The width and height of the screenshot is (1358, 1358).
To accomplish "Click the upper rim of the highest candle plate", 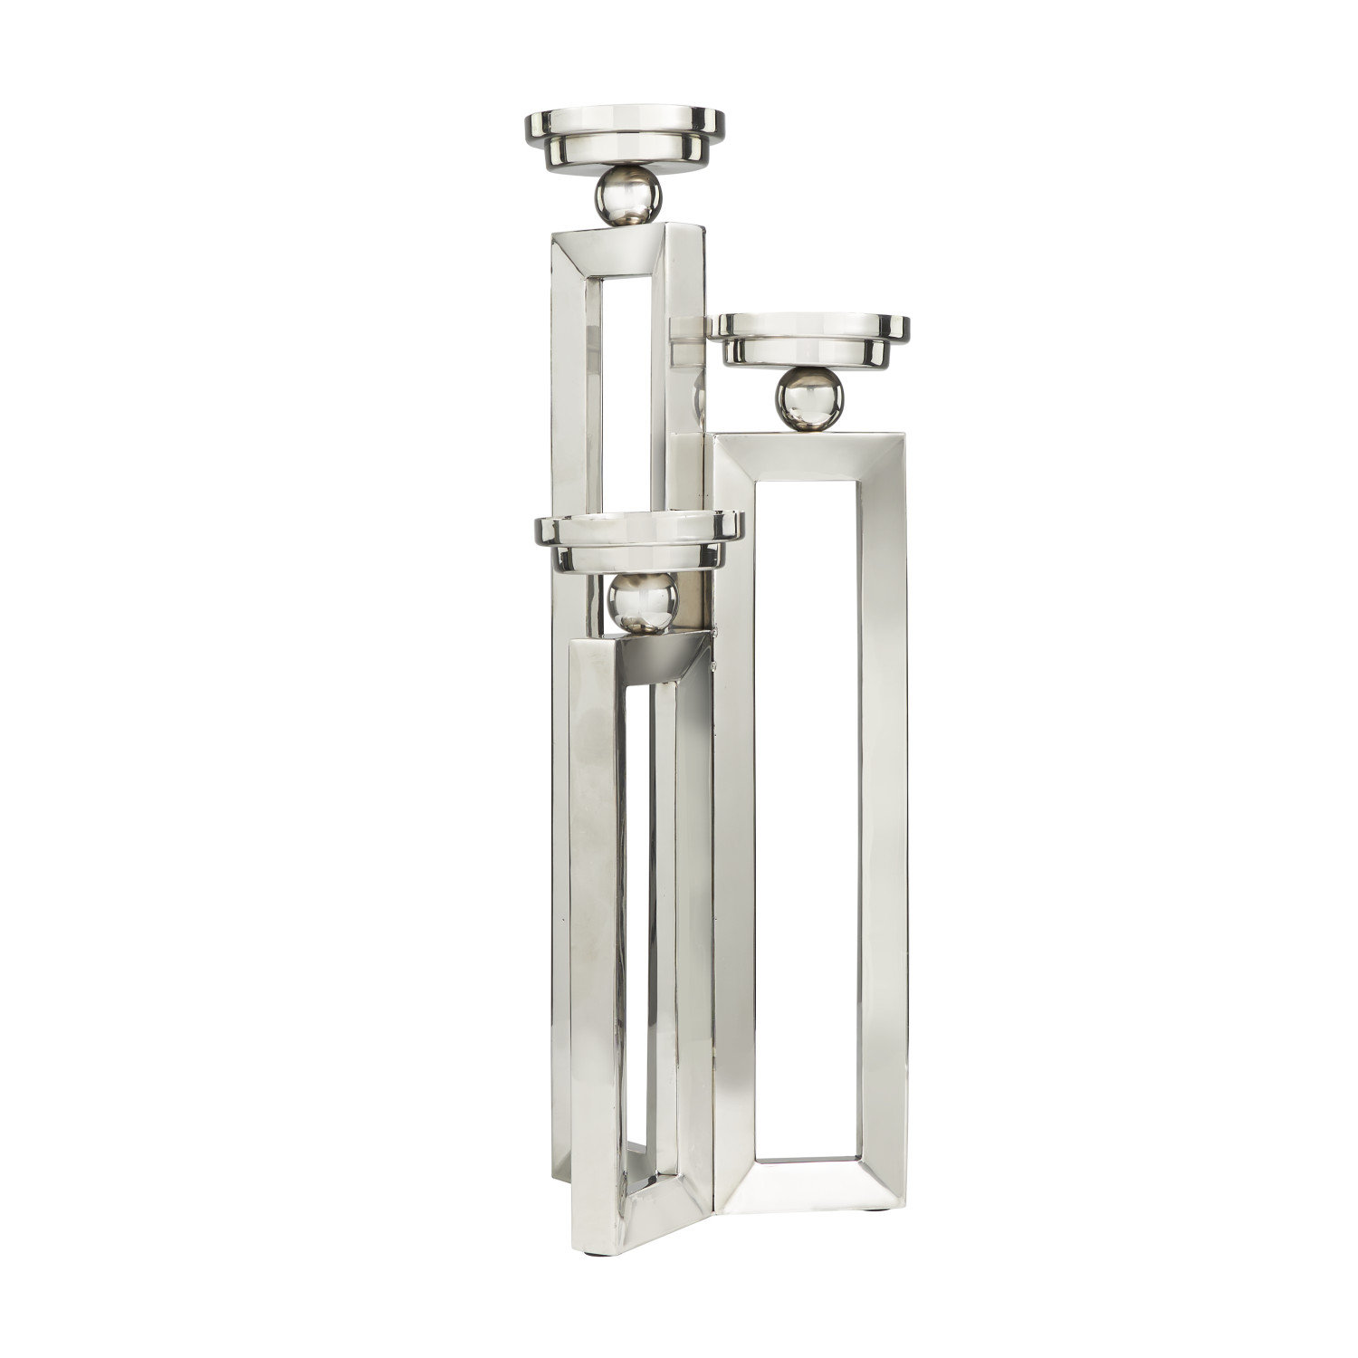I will [x=626, y=116].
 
